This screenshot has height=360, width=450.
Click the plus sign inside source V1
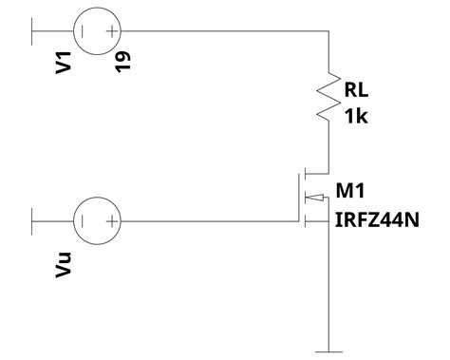(113, 30)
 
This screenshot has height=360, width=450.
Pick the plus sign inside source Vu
(113, 221)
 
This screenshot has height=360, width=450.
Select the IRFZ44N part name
(377, 220)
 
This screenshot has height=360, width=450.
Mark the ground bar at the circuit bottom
(328, 351)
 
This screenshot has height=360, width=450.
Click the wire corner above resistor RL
(328, 30)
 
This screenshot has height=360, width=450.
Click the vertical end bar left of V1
(33, 30)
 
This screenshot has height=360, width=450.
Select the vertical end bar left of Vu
(33, 221)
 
